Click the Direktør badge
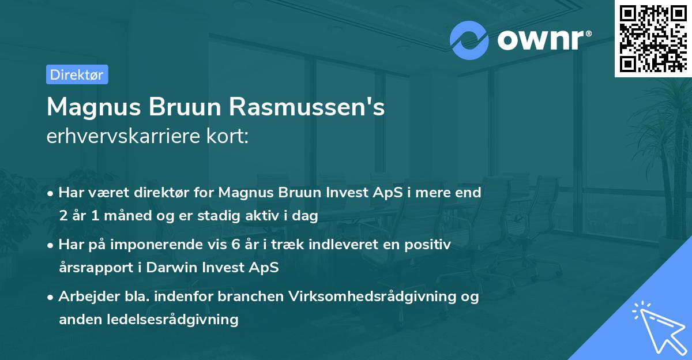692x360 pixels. [77, 74]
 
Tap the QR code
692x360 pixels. [652, 38]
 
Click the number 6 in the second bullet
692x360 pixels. [235, 245]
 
